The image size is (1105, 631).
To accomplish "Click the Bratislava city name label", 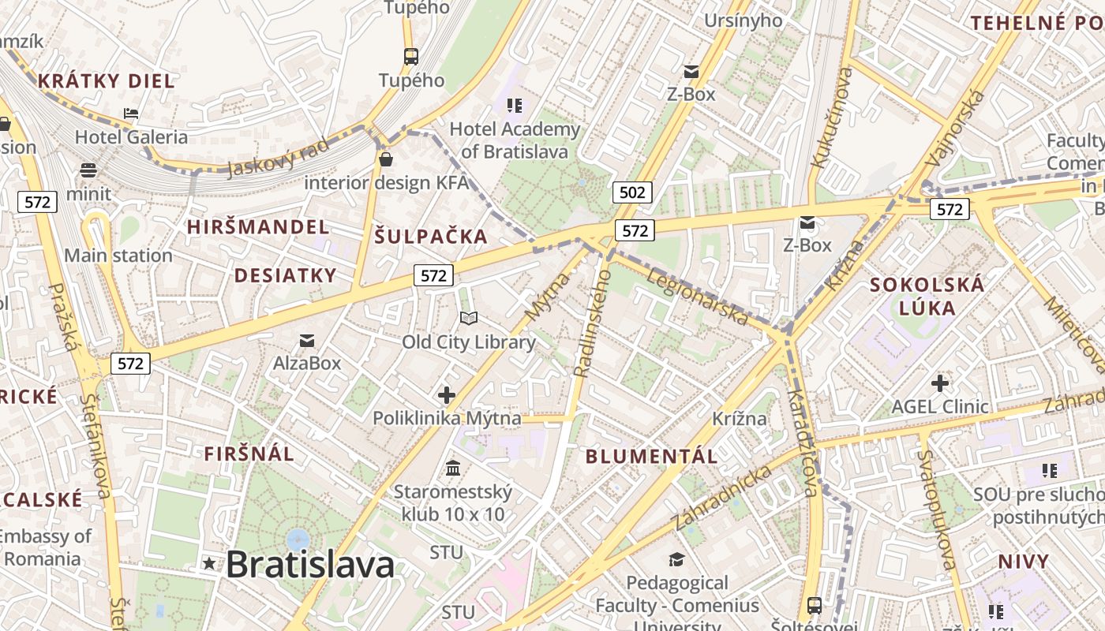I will point(310,565).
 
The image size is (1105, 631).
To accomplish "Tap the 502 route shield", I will point(632,192).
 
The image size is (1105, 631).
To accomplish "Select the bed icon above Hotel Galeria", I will point(131,114).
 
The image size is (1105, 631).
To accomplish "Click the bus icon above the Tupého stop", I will point(410,56).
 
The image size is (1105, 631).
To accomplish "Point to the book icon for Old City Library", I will point(469,318).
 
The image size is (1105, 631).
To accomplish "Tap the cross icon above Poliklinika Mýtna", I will point(447,394).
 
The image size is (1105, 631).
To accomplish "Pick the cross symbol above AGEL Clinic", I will point(939,383).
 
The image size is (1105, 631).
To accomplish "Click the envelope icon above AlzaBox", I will point(307,341).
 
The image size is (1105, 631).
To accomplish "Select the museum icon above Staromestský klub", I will point(453,469).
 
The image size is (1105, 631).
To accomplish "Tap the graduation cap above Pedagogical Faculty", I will point(676,559).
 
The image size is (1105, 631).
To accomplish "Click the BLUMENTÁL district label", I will point(652,456).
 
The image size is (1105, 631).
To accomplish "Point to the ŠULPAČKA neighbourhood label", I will point(431,236).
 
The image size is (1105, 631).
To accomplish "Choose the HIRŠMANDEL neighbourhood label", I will point(258,227).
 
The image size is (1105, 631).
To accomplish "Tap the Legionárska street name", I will point(697,297).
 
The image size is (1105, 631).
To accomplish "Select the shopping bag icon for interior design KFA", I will point(386,160).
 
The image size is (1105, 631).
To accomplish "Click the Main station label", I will point(118,256).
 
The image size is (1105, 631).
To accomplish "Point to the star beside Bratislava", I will point(209,563).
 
